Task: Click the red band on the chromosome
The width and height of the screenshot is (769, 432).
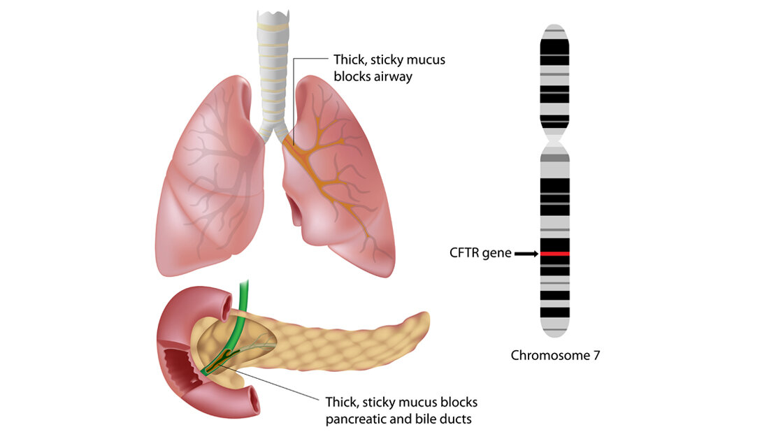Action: [554, 254]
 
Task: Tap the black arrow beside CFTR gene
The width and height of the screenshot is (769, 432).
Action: [526, 254]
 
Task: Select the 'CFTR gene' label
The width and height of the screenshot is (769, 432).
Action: [480, 253]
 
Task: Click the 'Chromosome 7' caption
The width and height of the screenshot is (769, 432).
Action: [555, 355]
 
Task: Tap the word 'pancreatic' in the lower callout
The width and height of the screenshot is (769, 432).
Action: [359, 419]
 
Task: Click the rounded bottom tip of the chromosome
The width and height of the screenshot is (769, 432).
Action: [554, 331]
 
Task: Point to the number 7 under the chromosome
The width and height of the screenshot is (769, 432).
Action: [596, 355]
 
